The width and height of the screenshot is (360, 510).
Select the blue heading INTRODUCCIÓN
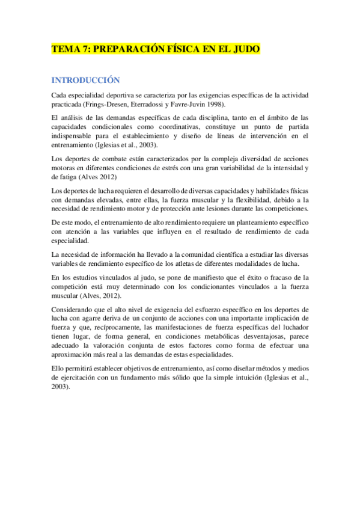(x=86, y=80)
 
